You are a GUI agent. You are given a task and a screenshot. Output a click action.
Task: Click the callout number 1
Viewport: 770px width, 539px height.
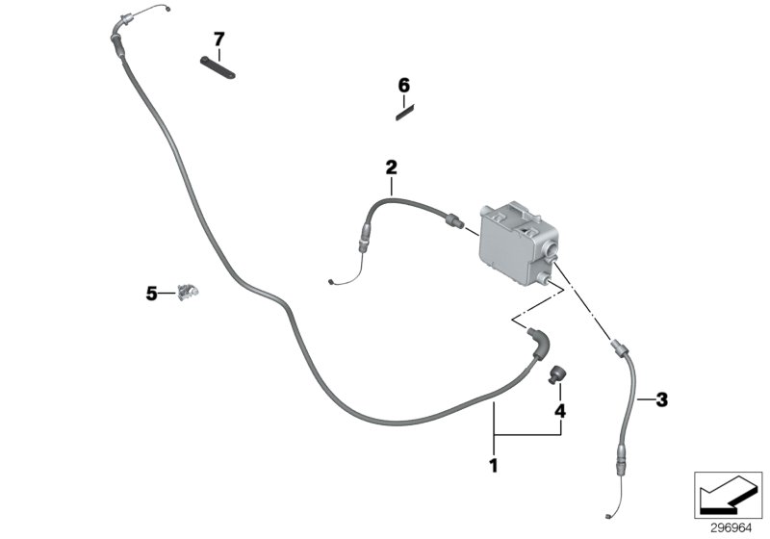tap(494, 467)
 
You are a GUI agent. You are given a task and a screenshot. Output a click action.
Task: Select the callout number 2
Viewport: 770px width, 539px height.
tap(392, 167)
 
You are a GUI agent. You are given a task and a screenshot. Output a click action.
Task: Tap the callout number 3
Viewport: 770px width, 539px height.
tap(661, 398)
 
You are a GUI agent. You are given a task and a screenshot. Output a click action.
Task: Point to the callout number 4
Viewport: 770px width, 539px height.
tap(559, 411)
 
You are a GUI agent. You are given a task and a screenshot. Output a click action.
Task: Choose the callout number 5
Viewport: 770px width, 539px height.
tap(151, 294)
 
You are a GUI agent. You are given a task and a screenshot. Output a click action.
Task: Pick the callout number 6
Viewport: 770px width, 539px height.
tap(404, 86)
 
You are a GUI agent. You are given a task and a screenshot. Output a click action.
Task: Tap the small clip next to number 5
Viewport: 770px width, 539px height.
tap(189, 292)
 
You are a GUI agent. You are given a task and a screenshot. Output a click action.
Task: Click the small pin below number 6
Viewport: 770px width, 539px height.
tap(403, 111)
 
